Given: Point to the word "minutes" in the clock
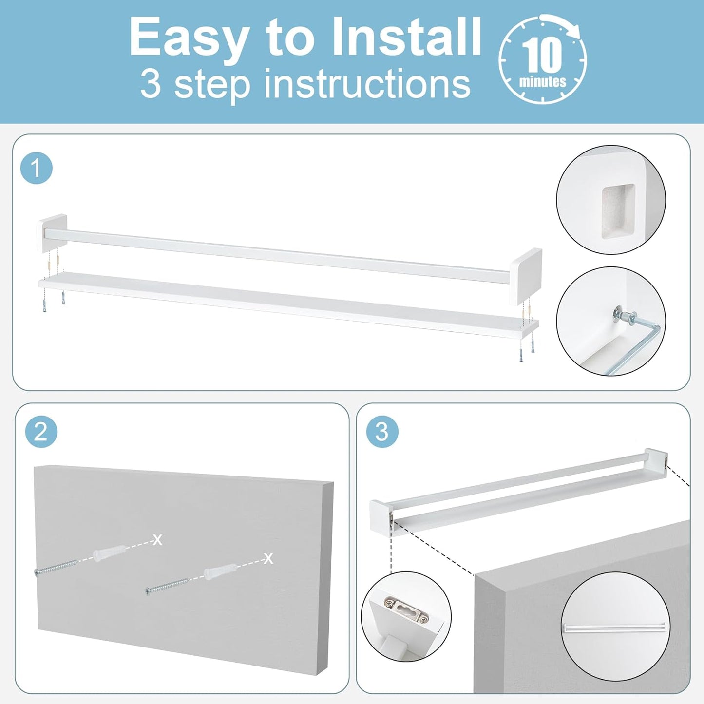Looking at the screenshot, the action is point(543,81).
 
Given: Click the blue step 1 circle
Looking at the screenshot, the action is point(36,169).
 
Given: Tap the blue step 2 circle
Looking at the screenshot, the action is point(41,432).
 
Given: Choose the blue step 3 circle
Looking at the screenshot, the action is point(382,432).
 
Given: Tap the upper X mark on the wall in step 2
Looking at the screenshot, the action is point(157,539).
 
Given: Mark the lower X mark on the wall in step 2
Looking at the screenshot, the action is point(268,558).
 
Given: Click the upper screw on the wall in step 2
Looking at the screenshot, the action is point(56,566).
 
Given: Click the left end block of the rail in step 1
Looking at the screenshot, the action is point(52,233).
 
